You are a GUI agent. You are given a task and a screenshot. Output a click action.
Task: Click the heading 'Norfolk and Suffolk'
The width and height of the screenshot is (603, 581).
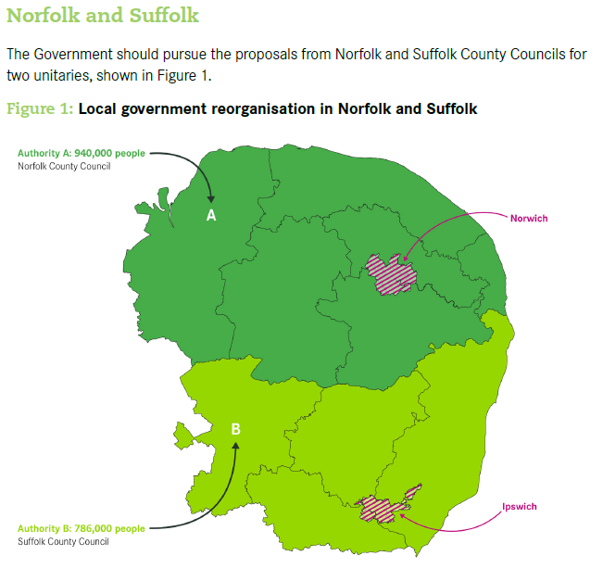[102, 17]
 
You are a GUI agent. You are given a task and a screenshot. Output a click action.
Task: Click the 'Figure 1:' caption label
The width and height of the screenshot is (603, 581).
[40, 109]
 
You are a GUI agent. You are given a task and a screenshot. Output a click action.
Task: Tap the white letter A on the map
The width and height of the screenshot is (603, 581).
[211, 215]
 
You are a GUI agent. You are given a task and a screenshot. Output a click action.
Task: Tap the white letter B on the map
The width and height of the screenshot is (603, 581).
[235, 429]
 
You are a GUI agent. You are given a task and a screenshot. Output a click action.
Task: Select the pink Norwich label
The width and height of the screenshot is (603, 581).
[529, 219]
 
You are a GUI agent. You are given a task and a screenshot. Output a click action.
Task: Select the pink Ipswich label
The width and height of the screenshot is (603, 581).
[519, 507]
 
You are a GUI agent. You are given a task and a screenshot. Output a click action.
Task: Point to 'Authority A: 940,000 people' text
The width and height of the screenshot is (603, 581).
[82, 154]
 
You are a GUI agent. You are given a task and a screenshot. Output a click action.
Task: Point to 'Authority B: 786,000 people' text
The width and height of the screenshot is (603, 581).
[82, 529]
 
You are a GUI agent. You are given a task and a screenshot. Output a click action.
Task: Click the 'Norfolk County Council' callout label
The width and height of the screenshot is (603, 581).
[64, 166]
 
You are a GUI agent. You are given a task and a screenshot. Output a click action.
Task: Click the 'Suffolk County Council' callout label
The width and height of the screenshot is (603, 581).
[63, 541]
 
